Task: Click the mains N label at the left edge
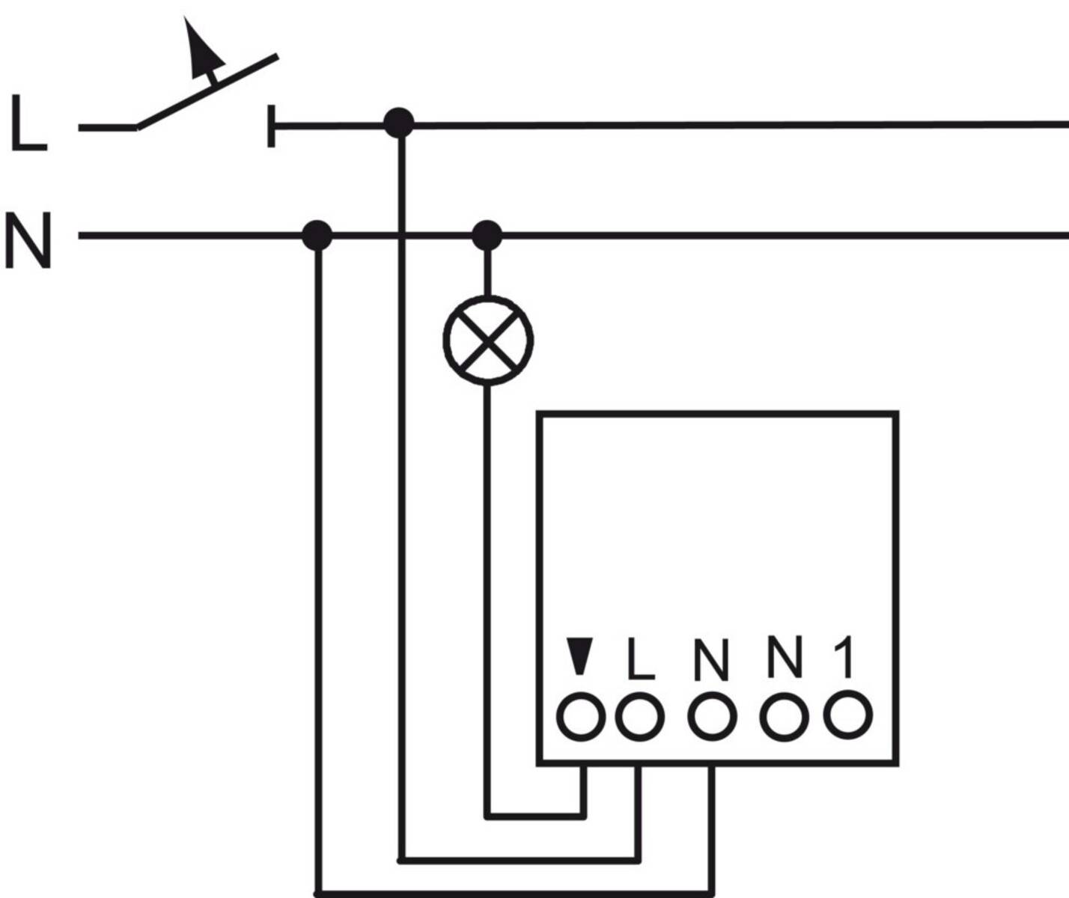click(x=28, y=239)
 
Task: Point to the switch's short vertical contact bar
click(x=271, y=126)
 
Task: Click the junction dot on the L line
click(x=398, y=123)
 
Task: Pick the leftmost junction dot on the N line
click(x=317, y=235)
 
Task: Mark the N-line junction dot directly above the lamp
click(x=487, y=235)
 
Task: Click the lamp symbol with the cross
click(x=488, y=340)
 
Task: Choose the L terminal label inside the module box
click(x=641, y=659)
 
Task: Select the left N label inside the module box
click(x=710, y=659)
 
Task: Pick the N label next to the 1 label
click(x=784, y=656)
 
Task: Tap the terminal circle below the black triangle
click(x=579, y=716)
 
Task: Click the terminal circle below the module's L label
click(x=640, y=716)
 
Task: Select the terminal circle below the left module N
click(x=711, y=716)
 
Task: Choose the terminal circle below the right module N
click(x=784, y=716)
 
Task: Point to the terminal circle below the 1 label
click(x=847, y=715)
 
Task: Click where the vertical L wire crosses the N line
click(x=402, y=236)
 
